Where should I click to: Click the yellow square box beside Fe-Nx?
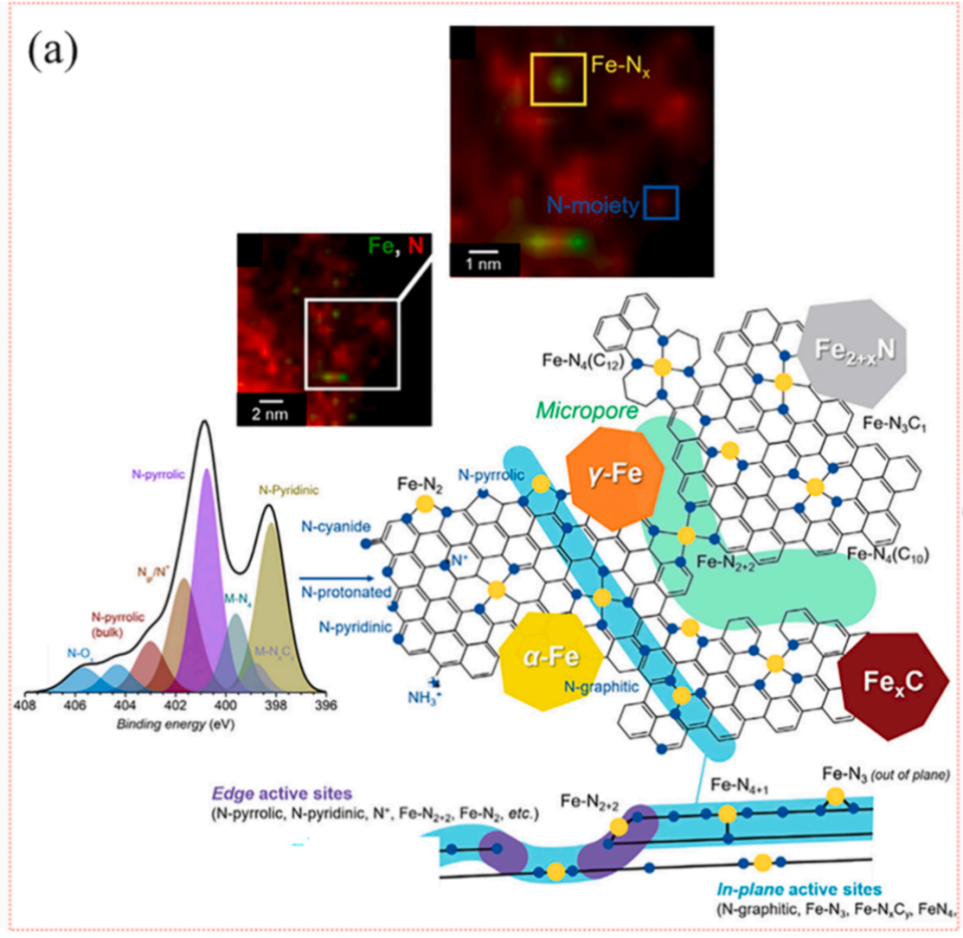559,79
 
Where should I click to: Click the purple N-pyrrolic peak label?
160,474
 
